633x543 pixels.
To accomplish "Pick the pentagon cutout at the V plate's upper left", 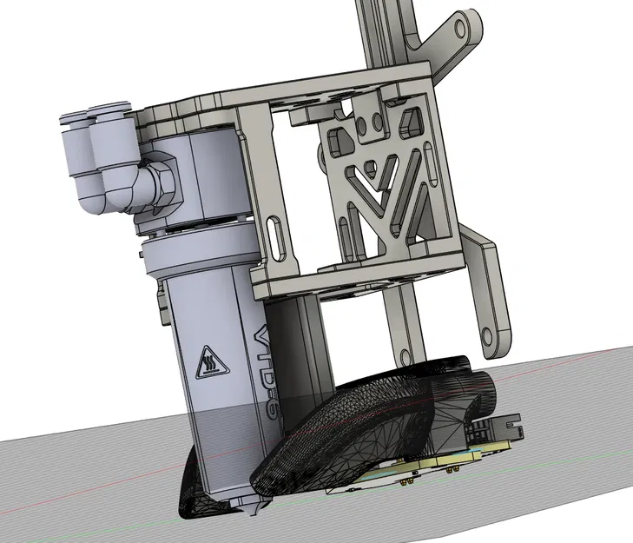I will tap(334, 135).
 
